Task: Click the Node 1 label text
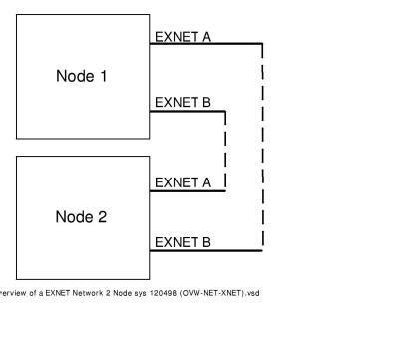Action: (81, 77)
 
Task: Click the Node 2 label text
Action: (81, 217)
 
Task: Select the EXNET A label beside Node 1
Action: (183, 37)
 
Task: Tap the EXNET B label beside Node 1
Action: (183, 101)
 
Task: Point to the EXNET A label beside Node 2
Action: (183, 182)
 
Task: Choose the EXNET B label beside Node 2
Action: (183, 242)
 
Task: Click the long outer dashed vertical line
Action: (262, 150)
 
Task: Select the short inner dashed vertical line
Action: (226, 150)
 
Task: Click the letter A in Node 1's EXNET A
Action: (205, 37)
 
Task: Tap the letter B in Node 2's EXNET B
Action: (205, 242)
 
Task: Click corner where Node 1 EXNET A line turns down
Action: (262, 44)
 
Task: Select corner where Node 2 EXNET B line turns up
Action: (262, 250)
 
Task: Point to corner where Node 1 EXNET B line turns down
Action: (226, 109)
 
